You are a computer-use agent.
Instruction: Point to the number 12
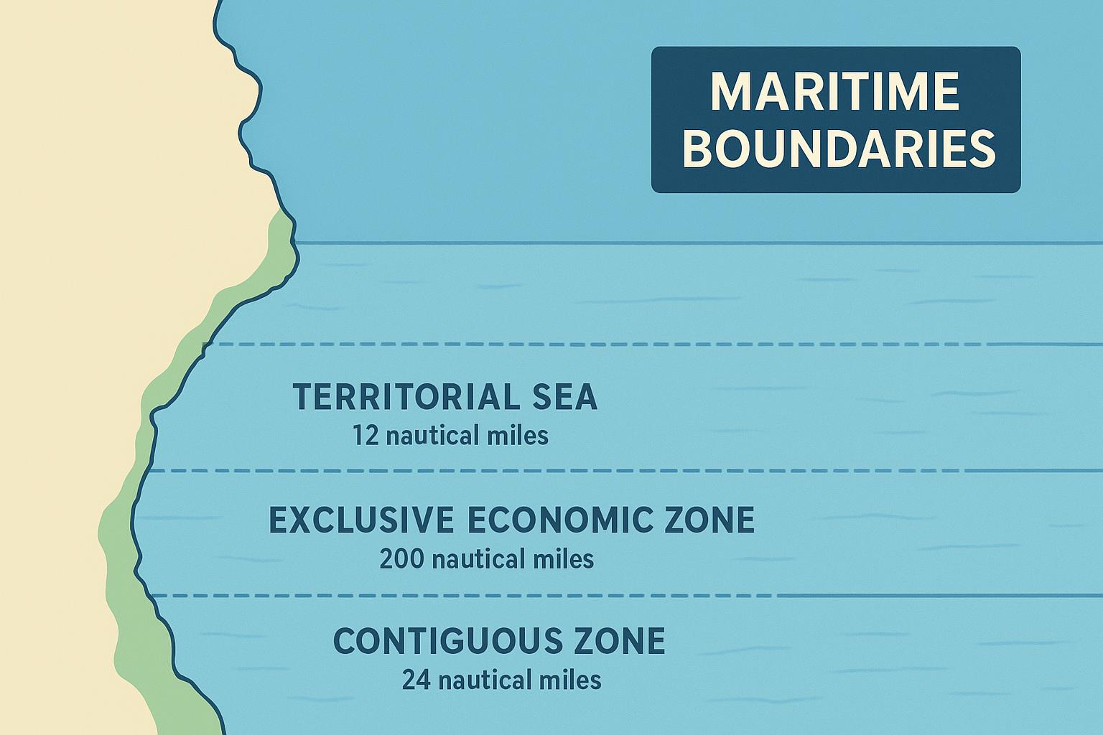[365, 435]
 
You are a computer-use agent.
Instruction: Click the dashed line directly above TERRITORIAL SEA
[646, 345]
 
